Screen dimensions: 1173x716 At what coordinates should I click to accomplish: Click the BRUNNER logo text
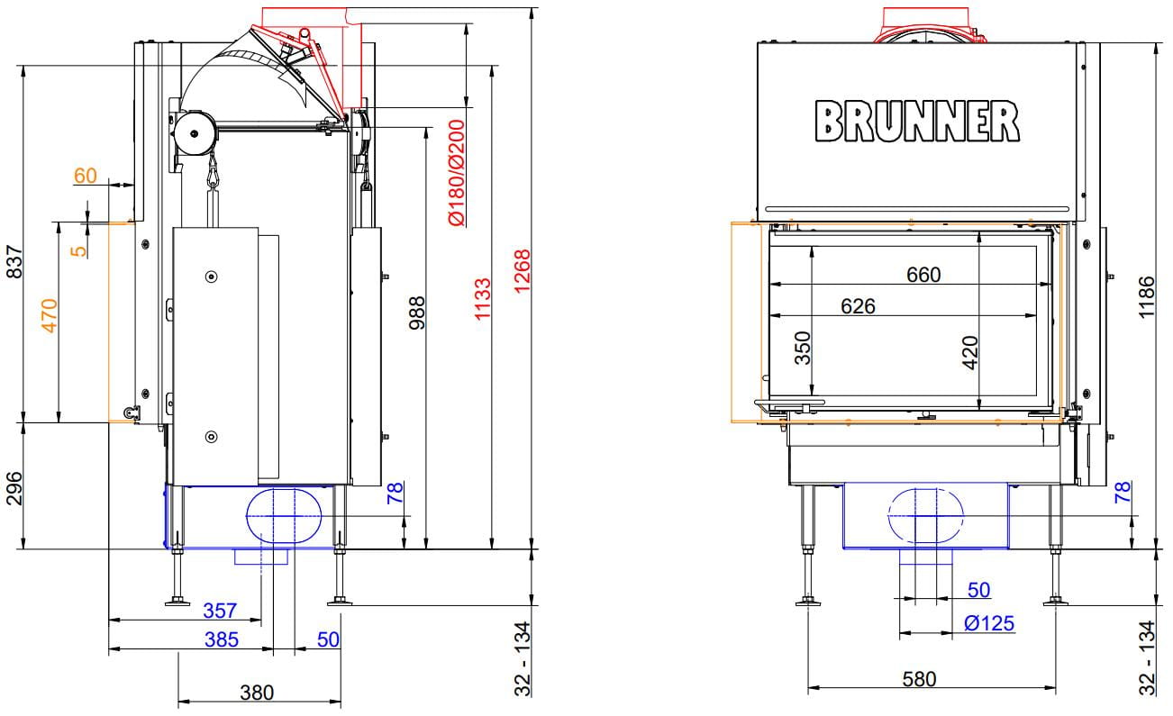(917, 122)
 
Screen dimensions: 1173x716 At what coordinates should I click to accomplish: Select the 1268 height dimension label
(523, 271)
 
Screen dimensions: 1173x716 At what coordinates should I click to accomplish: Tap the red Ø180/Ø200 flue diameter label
(457, 173)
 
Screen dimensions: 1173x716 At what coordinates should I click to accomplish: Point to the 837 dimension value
(14, 262)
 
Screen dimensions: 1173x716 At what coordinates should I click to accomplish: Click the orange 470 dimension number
(50, 315)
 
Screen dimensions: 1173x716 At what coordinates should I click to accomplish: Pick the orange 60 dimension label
(86, 176)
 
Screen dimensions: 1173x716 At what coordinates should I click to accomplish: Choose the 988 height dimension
(417, 313)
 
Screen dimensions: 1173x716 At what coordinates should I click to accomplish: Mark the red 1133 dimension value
(482, 299)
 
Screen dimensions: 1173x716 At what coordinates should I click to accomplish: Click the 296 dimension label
(14, 488)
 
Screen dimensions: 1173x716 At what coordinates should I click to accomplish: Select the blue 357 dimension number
(220, 611)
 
